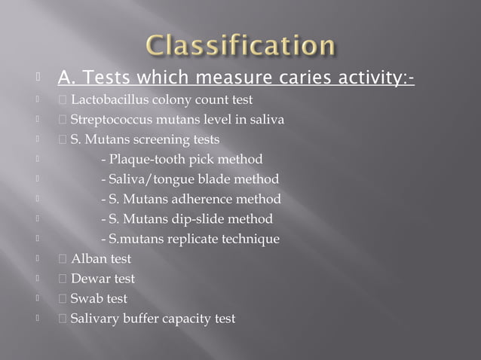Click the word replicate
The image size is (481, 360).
coord(197,239)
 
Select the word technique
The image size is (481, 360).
coord(253,239)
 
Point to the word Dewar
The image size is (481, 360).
coord(91,279)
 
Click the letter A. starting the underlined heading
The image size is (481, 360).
coord(66,78)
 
